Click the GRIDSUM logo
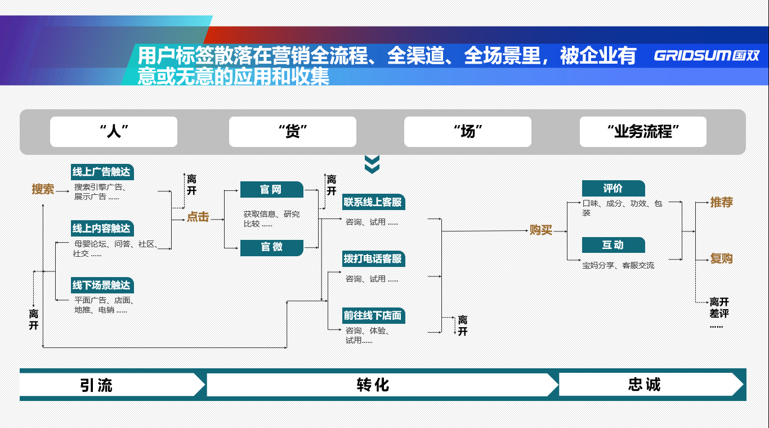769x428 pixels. (707, 56)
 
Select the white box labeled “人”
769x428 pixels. (114, 132)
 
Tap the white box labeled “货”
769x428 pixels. (292, 132)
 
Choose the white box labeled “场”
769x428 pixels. (467, 132)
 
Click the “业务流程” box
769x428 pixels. (643, 132)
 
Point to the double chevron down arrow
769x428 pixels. (372, 164)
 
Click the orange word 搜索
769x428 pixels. (43, 189)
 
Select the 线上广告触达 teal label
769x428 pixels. (102, 172)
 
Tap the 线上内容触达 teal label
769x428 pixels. (102, 229)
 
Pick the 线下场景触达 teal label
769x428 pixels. (102, 286)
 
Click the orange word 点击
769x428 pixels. (198, 217)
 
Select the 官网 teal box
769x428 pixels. (271, 190)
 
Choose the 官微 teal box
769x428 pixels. (271, 247)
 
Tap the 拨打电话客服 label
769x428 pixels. (373, 259)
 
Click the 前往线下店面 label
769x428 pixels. (373, 315)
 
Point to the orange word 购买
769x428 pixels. (541, 230)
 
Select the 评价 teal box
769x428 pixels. (613, 189)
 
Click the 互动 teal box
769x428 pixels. (613, 245)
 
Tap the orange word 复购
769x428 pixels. (721, 258)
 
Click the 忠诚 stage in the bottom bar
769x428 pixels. (645, 385)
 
